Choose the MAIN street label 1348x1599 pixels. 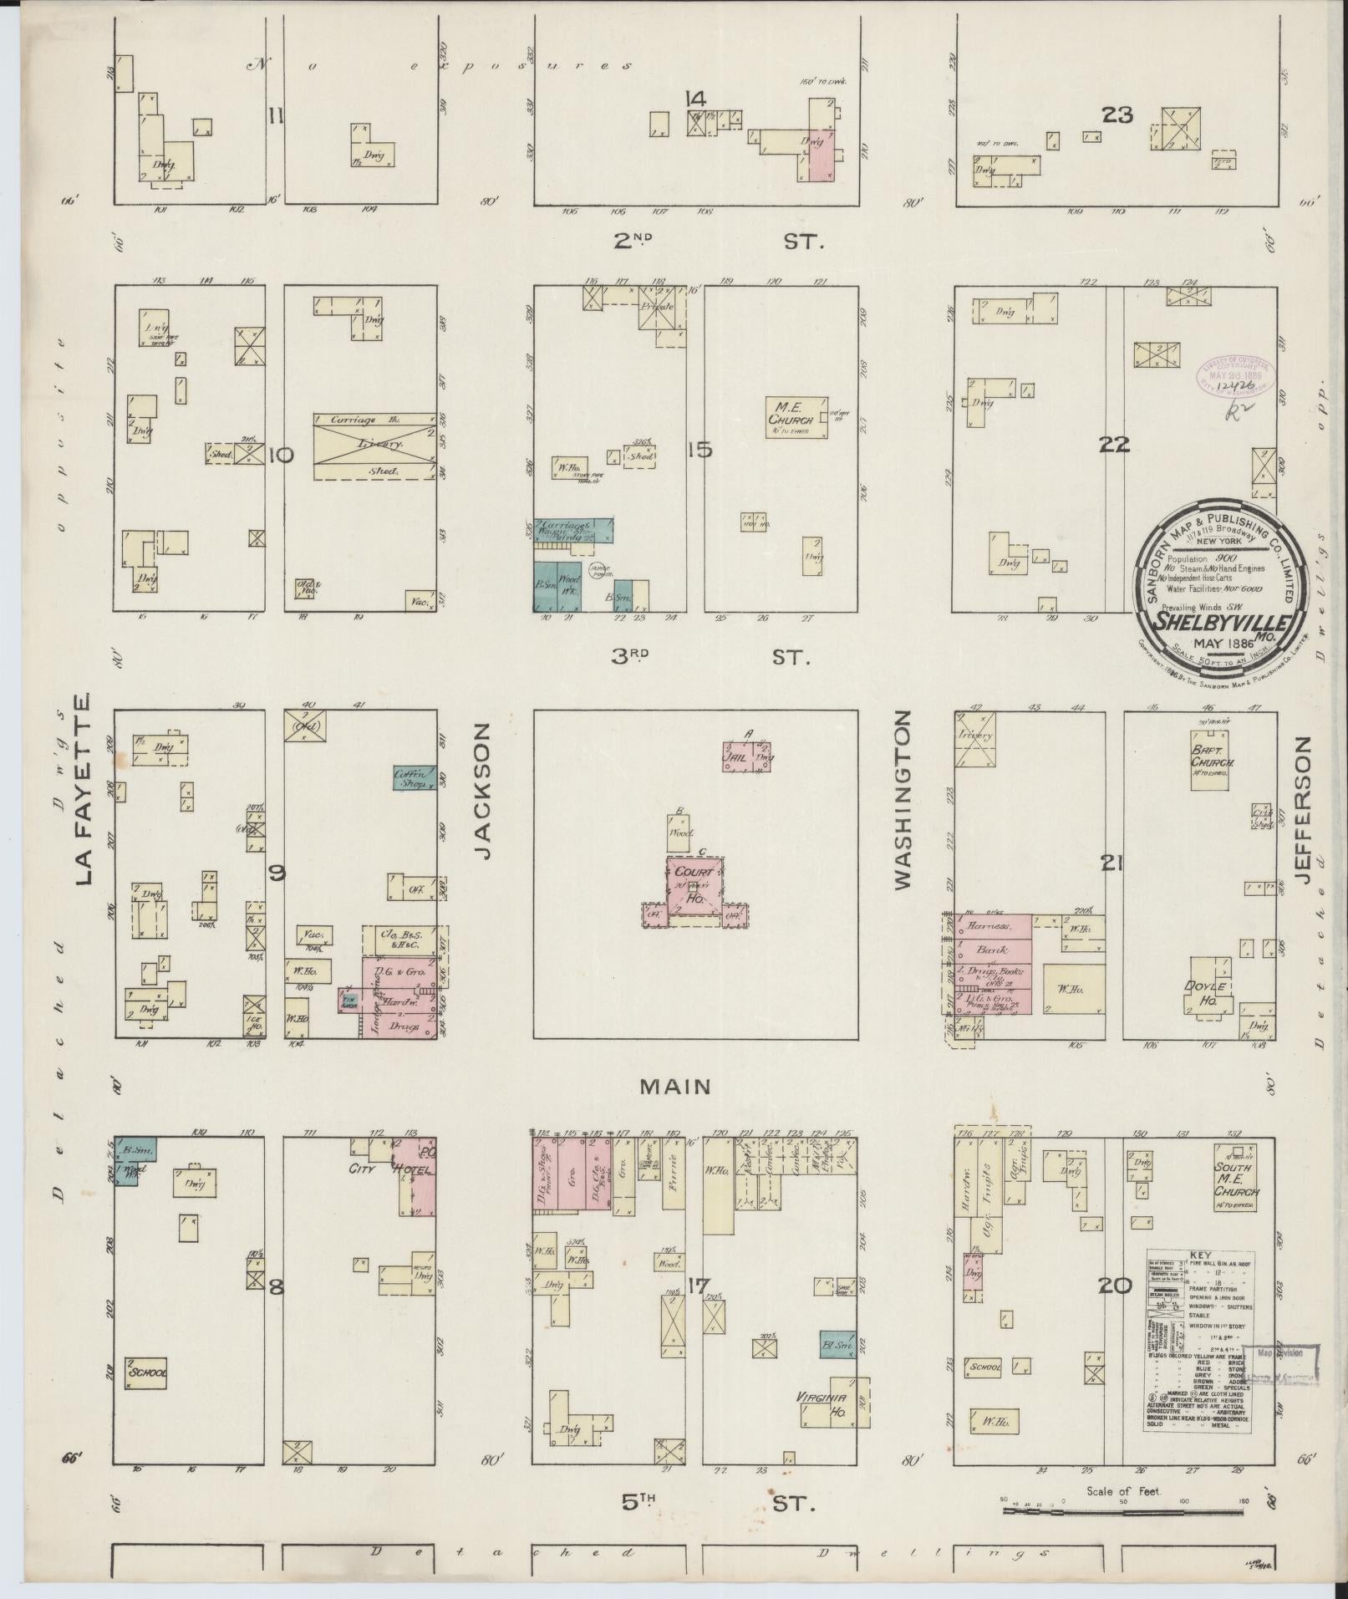tap(675, 1087)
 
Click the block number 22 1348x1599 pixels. tap(1115, 445)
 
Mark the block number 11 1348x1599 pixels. tap(274, 116)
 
